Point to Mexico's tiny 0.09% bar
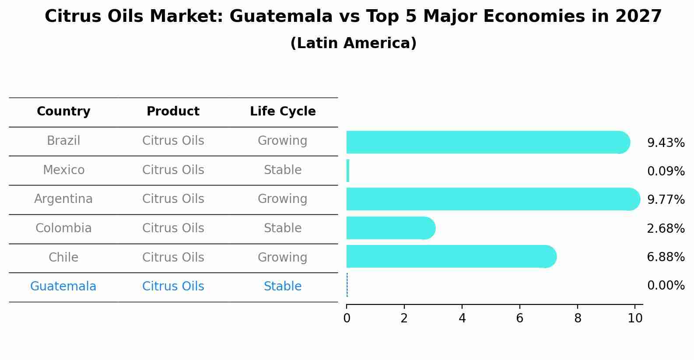pos(348,171)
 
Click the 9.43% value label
pos(666,143)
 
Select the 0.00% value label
pos(666,286)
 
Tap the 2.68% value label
pos(666,228)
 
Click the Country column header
pos(63,112)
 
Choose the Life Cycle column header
pos(283,112)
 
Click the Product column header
pos(173,112)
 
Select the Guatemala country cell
pos(63,287)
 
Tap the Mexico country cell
pos(63,170)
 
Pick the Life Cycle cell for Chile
pos(283,257)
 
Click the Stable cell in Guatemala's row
pos(283,287)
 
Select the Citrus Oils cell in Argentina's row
pos(173,199)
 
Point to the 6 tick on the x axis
pos(519,318)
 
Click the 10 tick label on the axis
pos(635,318)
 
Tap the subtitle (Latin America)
pos(353,43)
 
